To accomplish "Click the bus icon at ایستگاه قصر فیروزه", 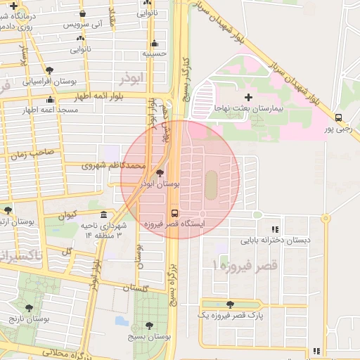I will pos(174,212).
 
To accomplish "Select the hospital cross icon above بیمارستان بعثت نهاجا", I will pos(247,97).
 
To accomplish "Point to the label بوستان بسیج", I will pos(146,338).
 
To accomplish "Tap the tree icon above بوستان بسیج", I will pos(149,326).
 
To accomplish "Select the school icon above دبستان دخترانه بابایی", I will pos(275,229).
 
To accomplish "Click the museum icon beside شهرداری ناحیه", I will pos(104,214).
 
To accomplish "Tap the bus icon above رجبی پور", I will pos(338,117).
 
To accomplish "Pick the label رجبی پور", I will pos(338,129).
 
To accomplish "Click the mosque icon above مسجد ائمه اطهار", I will pos(50,100).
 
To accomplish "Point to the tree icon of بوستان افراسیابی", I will pos(49,70).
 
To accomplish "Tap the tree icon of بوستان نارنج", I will pos(29,307).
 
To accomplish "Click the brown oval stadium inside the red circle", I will pos(211,184).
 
